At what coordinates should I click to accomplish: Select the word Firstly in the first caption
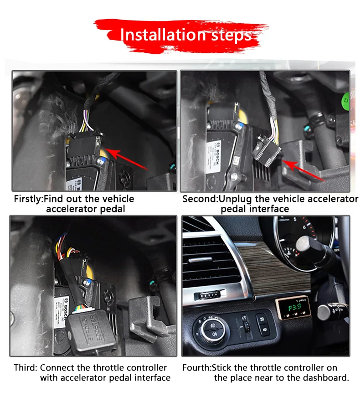click(28, 199)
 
